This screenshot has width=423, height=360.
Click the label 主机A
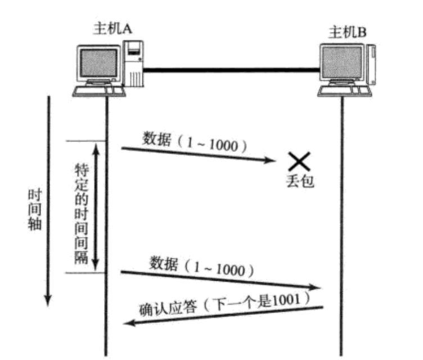[x=113, y=30]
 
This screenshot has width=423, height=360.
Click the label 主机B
[x=348, y=33]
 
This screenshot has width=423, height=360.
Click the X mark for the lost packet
[x=299, y=161]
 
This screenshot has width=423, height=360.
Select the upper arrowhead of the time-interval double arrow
[x=96, y=148]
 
